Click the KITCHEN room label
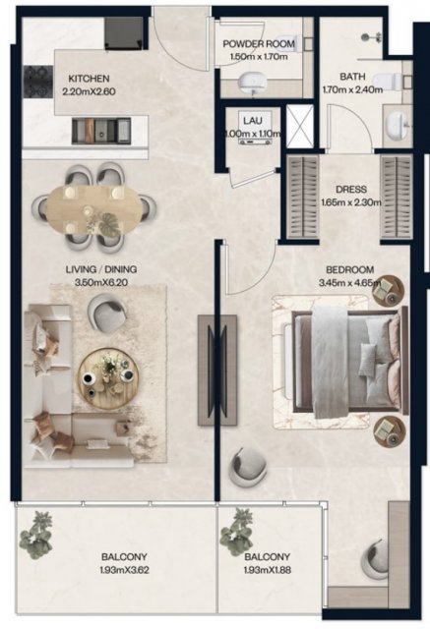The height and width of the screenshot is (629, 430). click(x=89, y=79)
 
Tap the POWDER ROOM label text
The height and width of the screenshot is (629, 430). click(x=259, y=43)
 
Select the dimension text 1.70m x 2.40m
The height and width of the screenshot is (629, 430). click(x=352, y=89)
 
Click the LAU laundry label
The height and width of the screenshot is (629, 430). click(x=253, y=120)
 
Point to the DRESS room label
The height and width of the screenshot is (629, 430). click(x=351, y=190)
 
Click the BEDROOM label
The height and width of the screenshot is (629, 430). click(x=349, y=269)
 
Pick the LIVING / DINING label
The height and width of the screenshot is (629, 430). click(x=101, y=269)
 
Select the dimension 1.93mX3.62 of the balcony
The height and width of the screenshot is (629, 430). click(x=124, y=570)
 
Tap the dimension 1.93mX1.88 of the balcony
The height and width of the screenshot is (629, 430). click(x=267, y=570)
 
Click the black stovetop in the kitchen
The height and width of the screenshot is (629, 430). click(x=38, y=82)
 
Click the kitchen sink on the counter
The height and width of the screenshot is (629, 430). click(x=101, y=131)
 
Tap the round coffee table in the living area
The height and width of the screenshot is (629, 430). click(x=108, y=378)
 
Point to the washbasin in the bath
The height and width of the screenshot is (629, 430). click(x=399, y=125)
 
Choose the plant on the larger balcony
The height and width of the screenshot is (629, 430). click(x=36, y=536)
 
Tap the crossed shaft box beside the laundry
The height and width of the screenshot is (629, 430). click(x=300, y=127)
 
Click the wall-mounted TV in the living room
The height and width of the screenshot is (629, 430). click(x=216, y=370)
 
